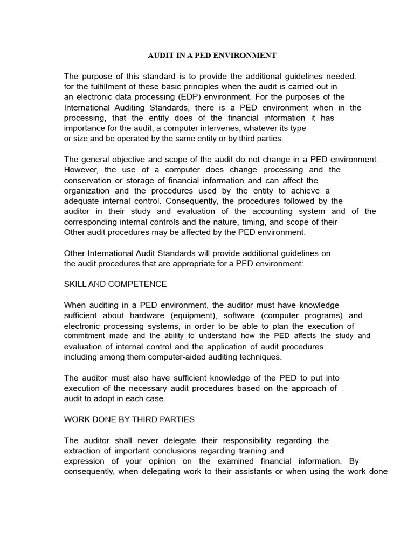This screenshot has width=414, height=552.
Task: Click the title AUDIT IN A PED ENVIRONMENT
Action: [212, 56]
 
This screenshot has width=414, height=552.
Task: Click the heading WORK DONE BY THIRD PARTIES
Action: [129, 419]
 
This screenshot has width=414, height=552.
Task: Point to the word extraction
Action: [83, 451]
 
